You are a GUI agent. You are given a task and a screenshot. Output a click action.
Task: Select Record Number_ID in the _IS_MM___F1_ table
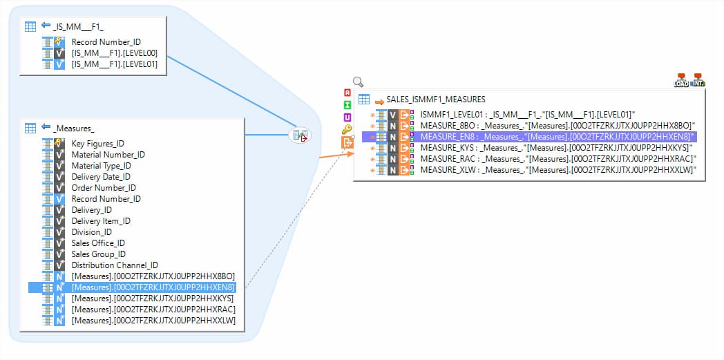click(106, 42)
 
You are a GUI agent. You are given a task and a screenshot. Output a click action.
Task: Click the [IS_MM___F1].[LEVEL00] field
click(115, 53)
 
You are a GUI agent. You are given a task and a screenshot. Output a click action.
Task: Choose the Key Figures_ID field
click(98, 144)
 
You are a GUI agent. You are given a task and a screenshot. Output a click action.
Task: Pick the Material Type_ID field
click(101, 166)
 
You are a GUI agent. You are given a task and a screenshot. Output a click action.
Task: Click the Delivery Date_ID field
click(101, 177)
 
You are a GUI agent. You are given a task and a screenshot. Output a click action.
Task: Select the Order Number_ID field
click(104, 188)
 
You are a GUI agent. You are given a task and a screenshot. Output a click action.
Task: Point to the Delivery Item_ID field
click(101, 221)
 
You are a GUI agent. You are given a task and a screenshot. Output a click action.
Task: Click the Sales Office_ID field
click(98, 243)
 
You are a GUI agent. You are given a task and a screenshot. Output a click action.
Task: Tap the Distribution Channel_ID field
click(115, 265)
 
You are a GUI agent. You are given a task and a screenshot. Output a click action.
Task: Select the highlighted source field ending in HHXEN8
click(153, 287)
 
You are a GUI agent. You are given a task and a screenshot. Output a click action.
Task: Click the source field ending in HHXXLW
click(153, 321)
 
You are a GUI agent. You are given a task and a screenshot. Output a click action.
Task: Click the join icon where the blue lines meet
click(300, 135)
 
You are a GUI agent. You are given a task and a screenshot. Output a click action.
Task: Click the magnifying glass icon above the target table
click(359, 82)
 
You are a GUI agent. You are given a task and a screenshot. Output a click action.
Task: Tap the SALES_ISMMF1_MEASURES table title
click(435, 100)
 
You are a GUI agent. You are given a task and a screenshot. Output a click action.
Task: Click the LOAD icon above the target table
click(681, 80)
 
